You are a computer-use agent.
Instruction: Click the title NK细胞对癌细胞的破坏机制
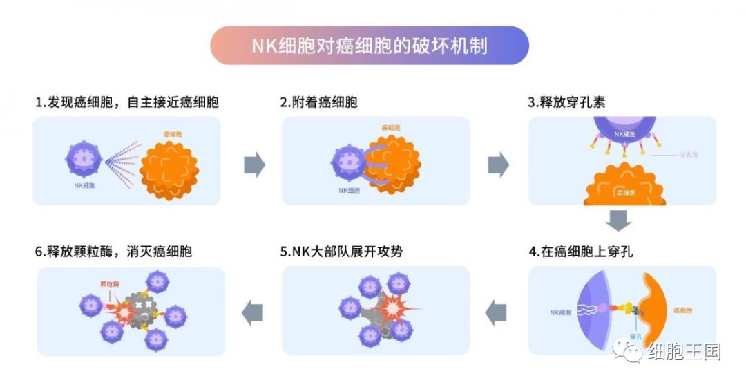(370, 46)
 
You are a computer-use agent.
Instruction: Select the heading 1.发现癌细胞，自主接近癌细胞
(127, 102)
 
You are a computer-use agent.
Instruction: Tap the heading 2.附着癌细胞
(318, 102)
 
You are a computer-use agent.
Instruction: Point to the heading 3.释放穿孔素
(566, 102)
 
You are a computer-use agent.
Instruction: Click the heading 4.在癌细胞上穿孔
(580, 252)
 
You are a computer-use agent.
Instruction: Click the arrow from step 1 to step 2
(254, 165)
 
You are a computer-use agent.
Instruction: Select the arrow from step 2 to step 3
(498, 165)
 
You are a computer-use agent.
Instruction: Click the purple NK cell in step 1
(84, 159)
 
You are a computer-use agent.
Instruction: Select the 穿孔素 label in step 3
(689, 154)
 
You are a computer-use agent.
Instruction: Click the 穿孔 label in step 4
(636, 336)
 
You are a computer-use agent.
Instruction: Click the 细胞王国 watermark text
(683, 351)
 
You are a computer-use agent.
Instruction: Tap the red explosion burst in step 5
(391, 305)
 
